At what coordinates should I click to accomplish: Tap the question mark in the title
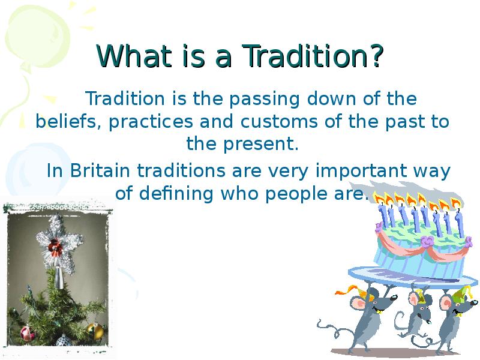coord(376,55)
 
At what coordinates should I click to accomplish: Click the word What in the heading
coord(134,55)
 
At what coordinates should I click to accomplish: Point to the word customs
coord(279,122)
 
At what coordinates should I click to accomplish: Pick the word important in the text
coord(361,171)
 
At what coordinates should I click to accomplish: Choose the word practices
coord(151,122)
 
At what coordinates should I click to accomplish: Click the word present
coord(260,144)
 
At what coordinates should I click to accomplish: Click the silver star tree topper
coord(59,242)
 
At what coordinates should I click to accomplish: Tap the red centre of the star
coord(55,245)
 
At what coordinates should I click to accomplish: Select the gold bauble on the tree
coord(95,331)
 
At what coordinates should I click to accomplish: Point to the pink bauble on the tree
coord(27,333)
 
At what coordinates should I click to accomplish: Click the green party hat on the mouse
coord(461,293)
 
